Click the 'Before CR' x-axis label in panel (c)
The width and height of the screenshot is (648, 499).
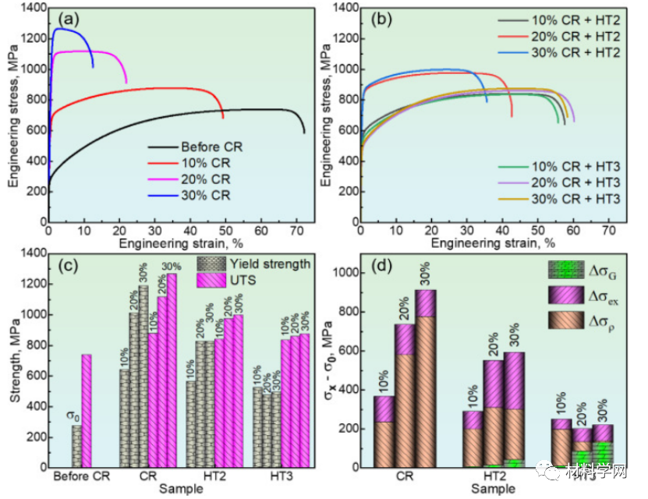[x=79, y=476]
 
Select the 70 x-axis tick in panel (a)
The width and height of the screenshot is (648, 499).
[x=296, y=232]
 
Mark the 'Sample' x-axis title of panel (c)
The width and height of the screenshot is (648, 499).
[x=181, y=488]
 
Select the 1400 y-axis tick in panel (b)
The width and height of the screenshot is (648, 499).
[x=342, y=8]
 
